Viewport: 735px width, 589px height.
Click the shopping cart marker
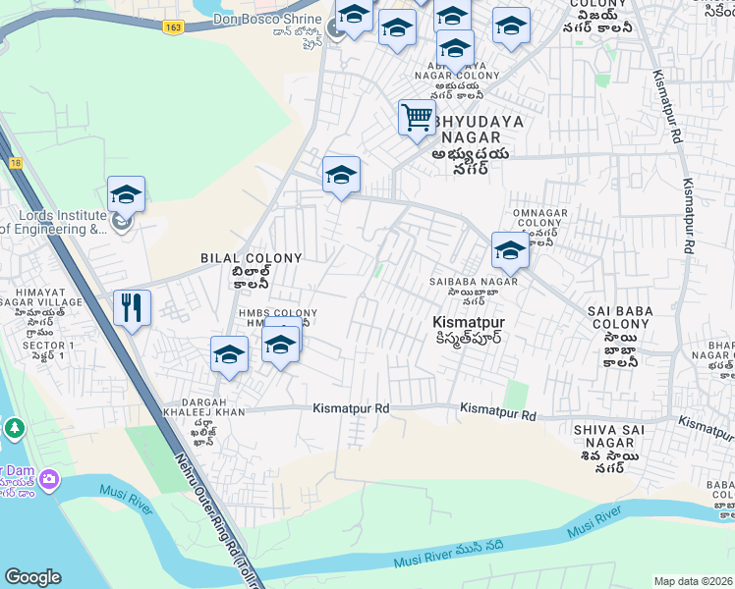(x=418, y=118)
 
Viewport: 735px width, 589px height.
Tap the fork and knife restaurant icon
(x=132, y=307)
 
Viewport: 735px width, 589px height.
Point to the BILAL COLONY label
(x=252, y=257)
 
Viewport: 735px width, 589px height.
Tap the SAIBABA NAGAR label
(x=473, y=283)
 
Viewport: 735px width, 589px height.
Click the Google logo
(x=32, y=576)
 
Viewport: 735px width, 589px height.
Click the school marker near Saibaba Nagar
(x=510, y=250)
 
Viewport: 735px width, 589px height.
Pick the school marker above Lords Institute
(x=127, y=194)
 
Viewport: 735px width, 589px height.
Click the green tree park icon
(x=15, y=429)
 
